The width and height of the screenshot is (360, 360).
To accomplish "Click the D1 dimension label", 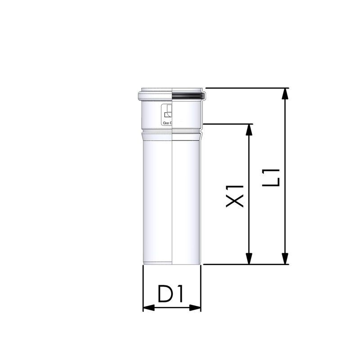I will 170,295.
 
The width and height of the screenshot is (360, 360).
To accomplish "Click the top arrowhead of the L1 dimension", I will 284,93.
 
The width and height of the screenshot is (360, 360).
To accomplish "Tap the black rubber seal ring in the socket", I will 189,95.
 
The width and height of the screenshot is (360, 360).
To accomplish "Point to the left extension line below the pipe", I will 143,288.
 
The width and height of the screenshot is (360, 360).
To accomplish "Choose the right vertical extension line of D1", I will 201,288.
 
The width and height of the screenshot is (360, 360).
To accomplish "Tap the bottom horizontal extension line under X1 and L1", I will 245,265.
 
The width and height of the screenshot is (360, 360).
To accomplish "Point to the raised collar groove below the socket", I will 157,133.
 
